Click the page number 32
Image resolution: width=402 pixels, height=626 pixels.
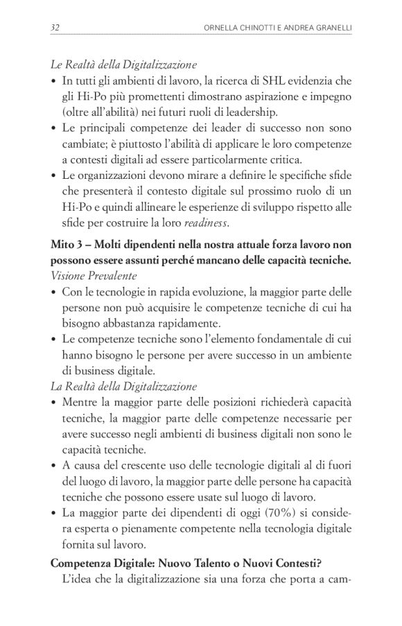coord(55,28)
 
